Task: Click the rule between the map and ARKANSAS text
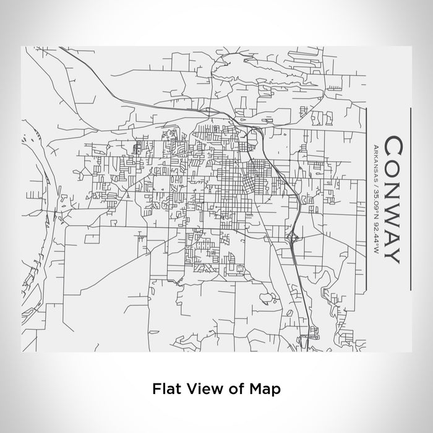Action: [x=367, y=198]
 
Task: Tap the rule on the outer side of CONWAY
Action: [x=411, y=198]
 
